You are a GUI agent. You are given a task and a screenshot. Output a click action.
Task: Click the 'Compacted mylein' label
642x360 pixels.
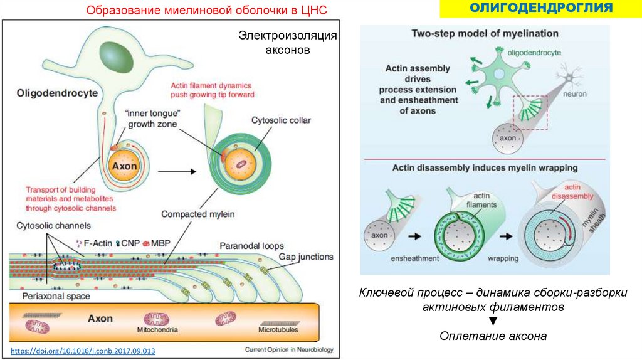click(x=198, y=214)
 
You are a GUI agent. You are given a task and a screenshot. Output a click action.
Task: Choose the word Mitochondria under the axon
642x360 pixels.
click(x=153, y=329)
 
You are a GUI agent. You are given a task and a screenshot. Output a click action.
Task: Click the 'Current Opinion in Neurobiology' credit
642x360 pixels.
click(x=289, y=349)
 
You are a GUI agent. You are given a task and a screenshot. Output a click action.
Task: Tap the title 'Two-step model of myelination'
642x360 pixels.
click(x=485, y=33)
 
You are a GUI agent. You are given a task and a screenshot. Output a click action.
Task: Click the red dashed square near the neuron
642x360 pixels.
click(x=530, y=112)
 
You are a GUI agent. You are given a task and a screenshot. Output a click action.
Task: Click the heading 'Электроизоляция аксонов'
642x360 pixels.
click(x=288, y=43)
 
